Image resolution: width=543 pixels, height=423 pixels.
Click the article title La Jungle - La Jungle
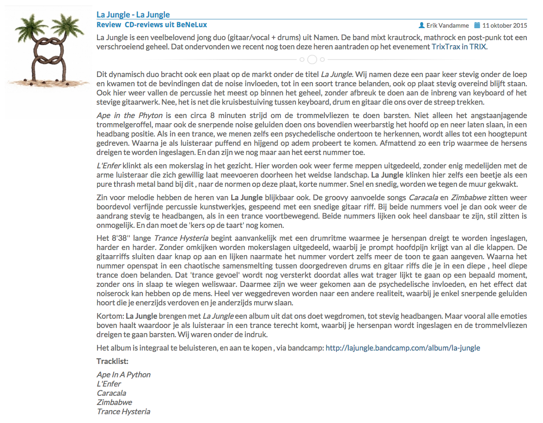click(133, 15)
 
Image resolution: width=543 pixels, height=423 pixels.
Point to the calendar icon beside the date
click(478, 25)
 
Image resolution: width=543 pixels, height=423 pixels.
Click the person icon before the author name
click(421, 25)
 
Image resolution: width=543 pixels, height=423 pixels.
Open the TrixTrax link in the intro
click(445, 47)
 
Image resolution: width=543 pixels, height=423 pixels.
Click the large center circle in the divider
click(312, 60)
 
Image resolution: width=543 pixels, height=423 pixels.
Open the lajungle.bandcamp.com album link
click(403, 348)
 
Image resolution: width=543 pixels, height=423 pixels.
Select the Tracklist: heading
click(112, 361)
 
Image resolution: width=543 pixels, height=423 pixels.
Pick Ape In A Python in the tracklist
click(123, 375)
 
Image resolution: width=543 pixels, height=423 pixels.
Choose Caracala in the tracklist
click(111, 393)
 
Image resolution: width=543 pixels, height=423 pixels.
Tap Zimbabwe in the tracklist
click(114, 402)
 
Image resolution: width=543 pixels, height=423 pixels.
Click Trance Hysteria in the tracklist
click(123, 411)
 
